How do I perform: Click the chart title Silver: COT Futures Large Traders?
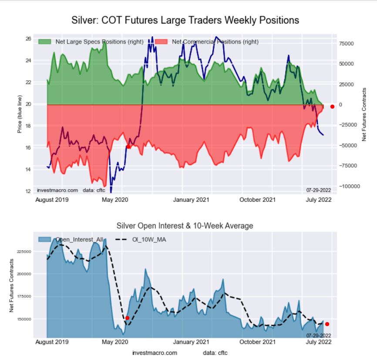[x=185, y=20]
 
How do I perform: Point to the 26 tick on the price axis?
[x=28, y=39]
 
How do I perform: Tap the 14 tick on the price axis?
[x=28, y=170]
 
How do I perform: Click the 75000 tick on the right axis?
[x=347, y=44]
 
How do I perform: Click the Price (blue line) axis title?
[x=19, y=115]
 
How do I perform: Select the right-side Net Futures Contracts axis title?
[x=364, y=114]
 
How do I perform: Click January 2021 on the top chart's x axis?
[x=192, y=200]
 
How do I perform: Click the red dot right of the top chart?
[x=332, y=106]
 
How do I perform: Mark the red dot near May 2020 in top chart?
[x=128, y=147]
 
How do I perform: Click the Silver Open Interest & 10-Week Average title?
[x=185, y=226]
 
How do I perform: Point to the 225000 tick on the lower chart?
[x=25, y=251]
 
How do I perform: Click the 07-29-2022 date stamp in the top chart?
[x=319, y=190]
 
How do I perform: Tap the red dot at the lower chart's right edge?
[x=327, y=324]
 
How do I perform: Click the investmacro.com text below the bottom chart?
[x=155, y=352]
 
